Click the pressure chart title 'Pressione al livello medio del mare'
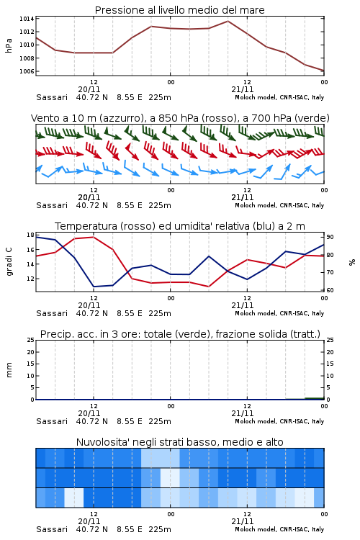pos(179,10)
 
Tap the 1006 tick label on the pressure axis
pos(27,71)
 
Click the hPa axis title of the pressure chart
pos(9,45)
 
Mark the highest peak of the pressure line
pos(228,21)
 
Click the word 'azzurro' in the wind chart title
pos(120,118)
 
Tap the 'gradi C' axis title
pos(9,262)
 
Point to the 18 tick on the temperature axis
pos(30,235)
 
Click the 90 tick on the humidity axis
pos(330,237)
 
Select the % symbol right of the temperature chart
pos(352,262)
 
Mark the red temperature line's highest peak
pos(94,237)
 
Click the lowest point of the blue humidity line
pos(94,287)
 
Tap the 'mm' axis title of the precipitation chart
pos(9,370)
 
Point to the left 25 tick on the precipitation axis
pos(30,340)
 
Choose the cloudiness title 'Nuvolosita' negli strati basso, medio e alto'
pos(179,442)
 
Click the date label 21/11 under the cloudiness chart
pos(242,521)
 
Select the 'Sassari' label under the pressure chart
pos(52,97)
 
